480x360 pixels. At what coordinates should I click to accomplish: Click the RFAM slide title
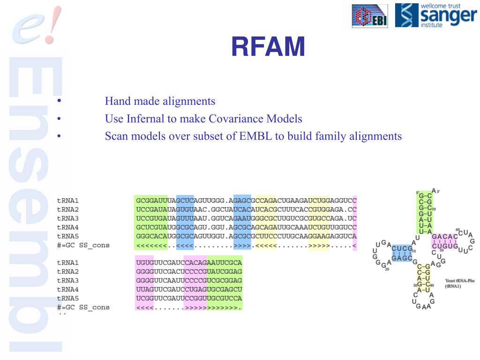[268, 47]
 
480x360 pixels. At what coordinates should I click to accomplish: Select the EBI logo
[370, 16]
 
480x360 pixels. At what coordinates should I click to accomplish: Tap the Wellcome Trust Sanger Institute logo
[435, 15]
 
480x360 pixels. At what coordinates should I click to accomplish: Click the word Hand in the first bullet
[117, 101]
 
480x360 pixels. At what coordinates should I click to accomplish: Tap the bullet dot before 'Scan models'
[59, 136]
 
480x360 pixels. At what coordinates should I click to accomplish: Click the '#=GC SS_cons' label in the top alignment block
[83, 245]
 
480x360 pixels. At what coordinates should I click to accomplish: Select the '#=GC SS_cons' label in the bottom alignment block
[83, 307]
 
